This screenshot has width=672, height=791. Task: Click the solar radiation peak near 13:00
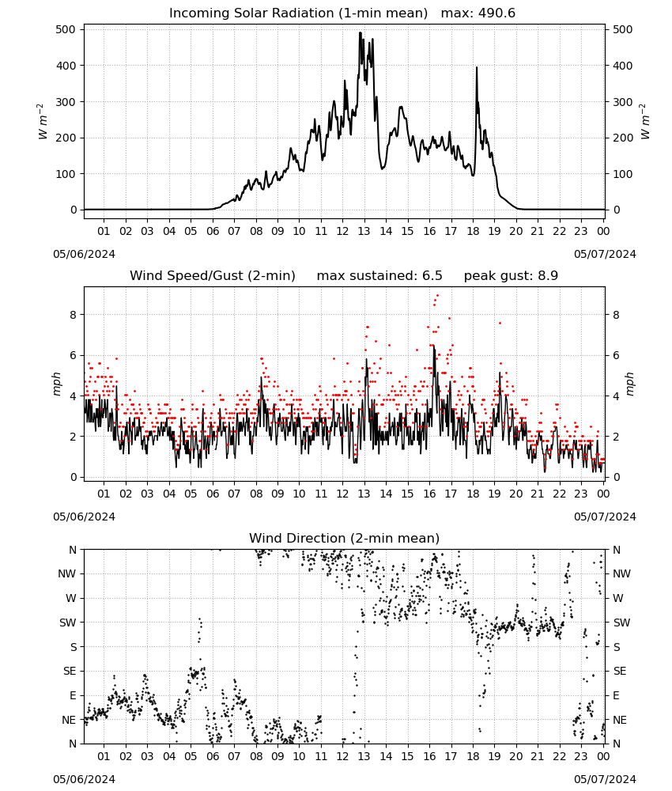pos(361,32)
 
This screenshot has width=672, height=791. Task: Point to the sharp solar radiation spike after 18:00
pos(477,67)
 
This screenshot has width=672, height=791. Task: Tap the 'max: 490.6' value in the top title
pos(478,13)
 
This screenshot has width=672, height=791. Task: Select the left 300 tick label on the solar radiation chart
pos(66,102)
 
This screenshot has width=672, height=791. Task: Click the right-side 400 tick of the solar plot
pos(623,66)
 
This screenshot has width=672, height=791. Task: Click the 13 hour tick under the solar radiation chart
pos(364,231)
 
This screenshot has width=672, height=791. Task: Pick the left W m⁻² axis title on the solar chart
pos(43,122)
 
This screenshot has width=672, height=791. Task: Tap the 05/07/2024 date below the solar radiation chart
pos(605,254)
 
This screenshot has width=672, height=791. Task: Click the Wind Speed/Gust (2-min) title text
pos(212,276)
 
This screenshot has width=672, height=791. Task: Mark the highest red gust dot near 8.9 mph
pos(437,296)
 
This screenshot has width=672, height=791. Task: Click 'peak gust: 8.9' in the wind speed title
pos(511,276)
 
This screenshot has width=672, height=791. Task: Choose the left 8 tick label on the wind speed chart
pos(74,315)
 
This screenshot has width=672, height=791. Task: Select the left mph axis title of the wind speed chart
pos(56,384)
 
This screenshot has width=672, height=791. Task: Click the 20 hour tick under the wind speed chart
pos(515,494)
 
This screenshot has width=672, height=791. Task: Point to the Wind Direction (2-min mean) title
pos(345,538)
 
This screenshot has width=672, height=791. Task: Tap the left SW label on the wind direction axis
pos(68,623)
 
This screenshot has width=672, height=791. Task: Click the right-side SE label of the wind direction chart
pos(620,671)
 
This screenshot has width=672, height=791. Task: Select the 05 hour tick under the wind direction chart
pos(191,756)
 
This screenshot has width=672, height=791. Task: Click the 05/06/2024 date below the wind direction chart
pos(84,779)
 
